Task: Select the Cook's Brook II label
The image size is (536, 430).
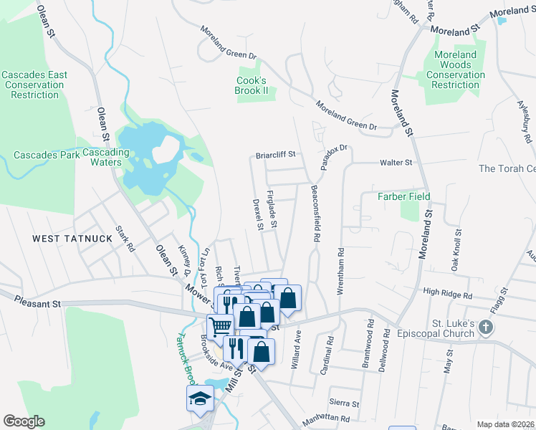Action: click(252, 86)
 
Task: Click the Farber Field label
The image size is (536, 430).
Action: click(404, 196)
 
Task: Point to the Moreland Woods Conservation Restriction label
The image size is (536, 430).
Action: click(456, 70)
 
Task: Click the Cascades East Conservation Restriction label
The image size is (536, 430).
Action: click(34, 85)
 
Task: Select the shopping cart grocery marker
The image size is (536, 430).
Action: click(221, 326)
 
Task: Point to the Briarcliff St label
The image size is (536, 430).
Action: click(276, 154)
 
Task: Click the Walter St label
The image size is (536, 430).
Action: click(396, 163)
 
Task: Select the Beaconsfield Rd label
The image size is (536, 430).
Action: click(315, 213)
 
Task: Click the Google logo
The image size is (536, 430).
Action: click(24, 421)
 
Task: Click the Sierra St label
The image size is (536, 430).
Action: click(344, 403)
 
